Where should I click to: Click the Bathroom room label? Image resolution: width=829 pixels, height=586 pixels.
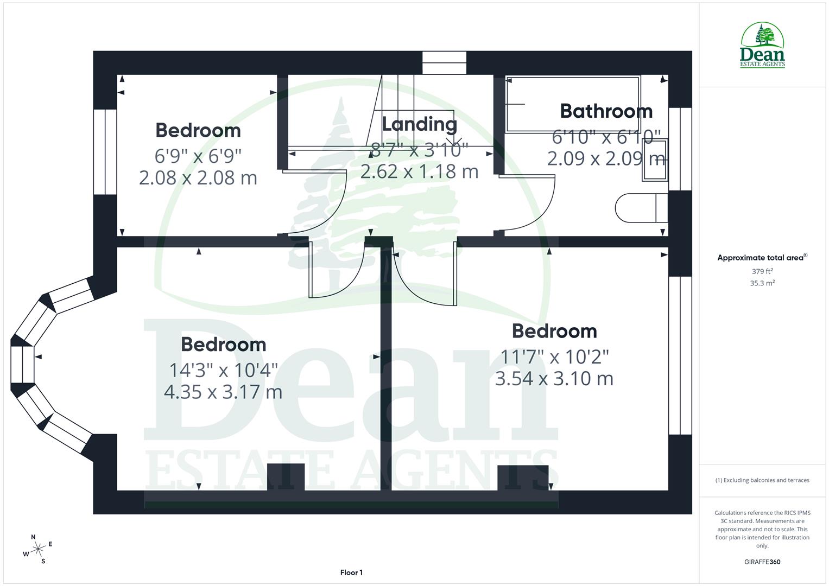606,111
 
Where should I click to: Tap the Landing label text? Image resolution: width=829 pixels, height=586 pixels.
419,124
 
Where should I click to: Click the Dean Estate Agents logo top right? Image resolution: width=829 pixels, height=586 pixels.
762,46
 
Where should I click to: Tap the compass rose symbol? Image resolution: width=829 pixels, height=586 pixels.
37,549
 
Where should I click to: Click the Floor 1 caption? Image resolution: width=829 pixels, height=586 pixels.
351,572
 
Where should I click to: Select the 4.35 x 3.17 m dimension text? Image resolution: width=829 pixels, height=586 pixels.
223,392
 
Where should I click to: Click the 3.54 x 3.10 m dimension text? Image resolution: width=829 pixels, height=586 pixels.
554,378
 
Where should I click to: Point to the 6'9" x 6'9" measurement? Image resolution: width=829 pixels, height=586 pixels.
198,156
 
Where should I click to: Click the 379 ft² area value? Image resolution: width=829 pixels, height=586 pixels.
762,271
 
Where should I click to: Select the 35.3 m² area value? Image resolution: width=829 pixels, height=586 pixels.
762,283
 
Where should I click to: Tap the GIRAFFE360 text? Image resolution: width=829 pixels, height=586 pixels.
762,562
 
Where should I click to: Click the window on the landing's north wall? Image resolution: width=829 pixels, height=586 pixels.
444,62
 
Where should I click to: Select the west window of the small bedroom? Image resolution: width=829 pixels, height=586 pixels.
105,152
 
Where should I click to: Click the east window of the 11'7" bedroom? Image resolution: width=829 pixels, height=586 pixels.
680,355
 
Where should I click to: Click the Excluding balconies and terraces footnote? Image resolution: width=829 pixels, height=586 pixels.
762,480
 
